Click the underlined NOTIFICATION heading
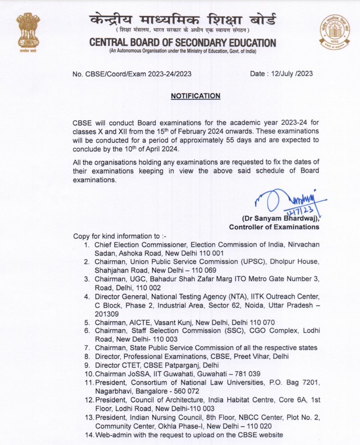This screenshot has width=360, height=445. pos(195,95)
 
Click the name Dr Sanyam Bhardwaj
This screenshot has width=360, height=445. pos(280,219)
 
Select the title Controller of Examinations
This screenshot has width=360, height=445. pos(274,227)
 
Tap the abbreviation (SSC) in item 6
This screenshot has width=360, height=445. pos(230,331)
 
